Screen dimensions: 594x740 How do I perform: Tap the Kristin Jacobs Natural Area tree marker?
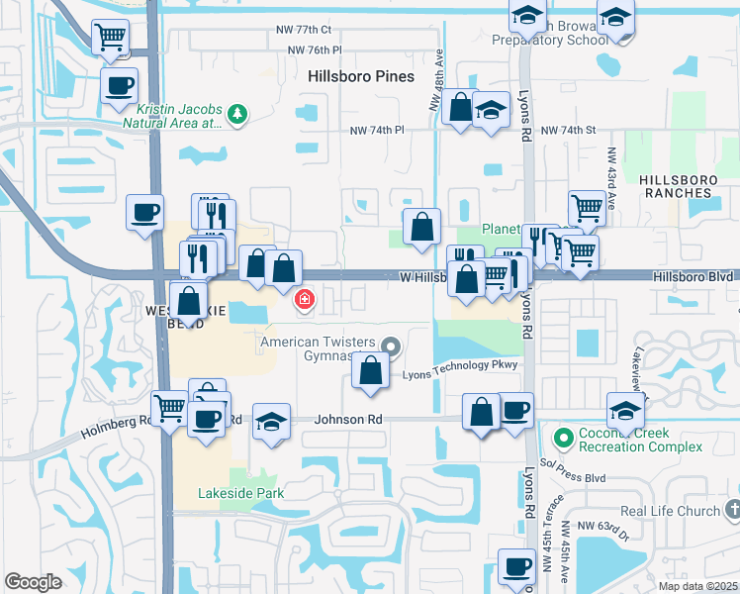point(236,117)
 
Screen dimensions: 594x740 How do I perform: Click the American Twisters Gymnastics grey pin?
point(391,346)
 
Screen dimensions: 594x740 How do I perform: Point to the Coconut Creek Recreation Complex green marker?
point(564,437)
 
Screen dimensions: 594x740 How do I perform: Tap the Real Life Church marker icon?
point(732,510)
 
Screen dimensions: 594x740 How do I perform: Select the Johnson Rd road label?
point(348,419)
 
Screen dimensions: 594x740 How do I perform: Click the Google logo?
point(34,582)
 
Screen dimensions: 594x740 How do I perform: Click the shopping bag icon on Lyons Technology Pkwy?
point(370,371)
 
